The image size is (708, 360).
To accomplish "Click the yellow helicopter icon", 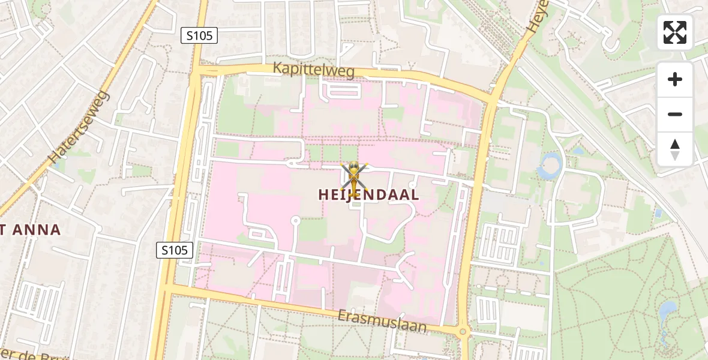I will click(355, 178).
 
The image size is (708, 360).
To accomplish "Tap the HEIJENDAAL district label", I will click(368, 195).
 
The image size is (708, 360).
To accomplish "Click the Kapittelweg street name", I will click(313, 70).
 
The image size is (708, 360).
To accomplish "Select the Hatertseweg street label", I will click(78, 128).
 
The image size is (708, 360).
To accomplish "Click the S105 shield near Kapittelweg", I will click(199, 36).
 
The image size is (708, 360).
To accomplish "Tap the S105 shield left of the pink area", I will click(175, 250).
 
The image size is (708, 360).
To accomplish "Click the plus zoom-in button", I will click(675, 79).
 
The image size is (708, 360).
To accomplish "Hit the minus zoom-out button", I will click(675, 114).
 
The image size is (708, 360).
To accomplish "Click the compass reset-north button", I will click(675, 149).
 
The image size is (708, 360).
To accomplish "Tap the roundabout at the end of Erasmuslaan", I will click(463, 331).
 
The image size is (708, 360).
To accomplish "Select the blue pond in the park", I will click(667, 313).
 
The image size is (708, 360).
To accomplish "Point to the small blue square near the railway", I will click(659, 213).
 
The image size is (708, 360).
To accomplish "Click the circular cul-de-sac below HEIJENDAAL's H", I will click(295, 221).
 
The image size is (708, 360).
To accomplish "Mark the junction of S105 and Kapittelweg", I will click(196, 71).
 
